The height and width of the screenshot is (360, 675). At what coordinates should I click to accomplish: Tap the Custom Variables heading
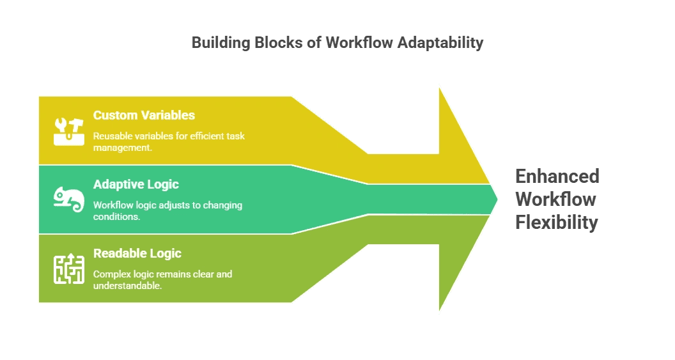[x=144, y=115]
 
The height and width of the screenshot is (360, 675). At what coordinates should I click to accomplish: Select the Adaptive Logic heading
[x=136, y=184]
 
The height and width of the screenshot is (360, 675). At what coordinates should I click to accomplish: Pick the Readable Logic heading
[x=137, y=253]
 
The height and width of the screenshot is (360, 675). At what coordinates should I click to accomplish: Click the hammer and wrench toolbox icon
[x=68, y=130]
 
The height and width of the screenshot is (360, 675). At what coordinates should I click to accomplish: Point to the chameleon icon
[x=68, y=200]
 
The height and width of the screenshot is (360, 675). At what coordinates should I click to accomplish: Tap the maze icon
[x=68, y=269]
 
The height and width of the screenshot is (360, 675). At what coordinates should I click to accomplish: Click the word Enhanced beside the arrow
[x=557, y=176]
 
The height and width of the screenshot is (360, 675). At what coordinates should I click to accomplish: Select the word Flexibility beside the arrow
[x=557, y=222]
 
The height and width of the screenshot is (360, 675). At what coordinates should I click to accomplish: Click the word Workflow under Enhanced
[x=555, y=199]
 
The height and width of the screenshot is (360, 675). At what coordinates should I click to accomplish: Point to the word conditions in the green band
[x=116, y=217]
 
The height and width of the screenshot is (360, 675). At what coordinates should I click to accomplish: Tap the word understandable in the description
[x=127, y=286]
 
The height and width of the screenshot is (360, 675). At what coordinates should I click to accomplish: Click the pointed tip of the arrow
[x=497, y=199]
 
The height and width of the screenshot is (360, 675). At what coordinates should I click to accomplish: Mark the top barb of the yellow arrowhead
[x=438, y=86]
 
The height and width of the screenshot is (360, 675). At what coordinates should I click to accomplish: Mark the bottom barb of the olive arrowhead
[x=438, y=312]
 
